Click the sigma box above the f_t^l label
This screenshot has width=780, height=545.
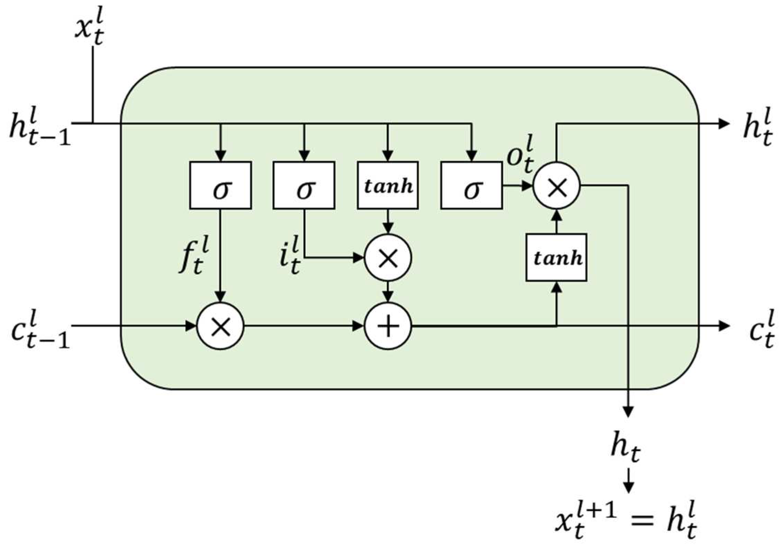click(x=220, y=185)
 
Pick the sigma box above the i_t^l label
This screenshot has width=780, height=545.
click(x=304, y=185)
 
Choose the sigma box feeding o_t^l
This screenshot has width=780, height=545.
click(x=471, y=185)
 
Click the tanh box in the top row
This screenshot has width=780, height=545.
click(x=388, y=185)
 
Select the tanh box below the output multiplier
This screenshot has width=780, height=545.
click(x=556, y=257)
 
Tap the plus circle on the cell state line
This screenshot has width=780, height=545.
click(x=388, y=326)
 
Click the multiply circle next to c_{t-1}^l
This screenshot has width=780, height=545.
click(x=220, y=326)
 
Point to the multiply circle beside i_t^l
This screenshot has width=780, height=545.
click(x=388, y=257)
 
